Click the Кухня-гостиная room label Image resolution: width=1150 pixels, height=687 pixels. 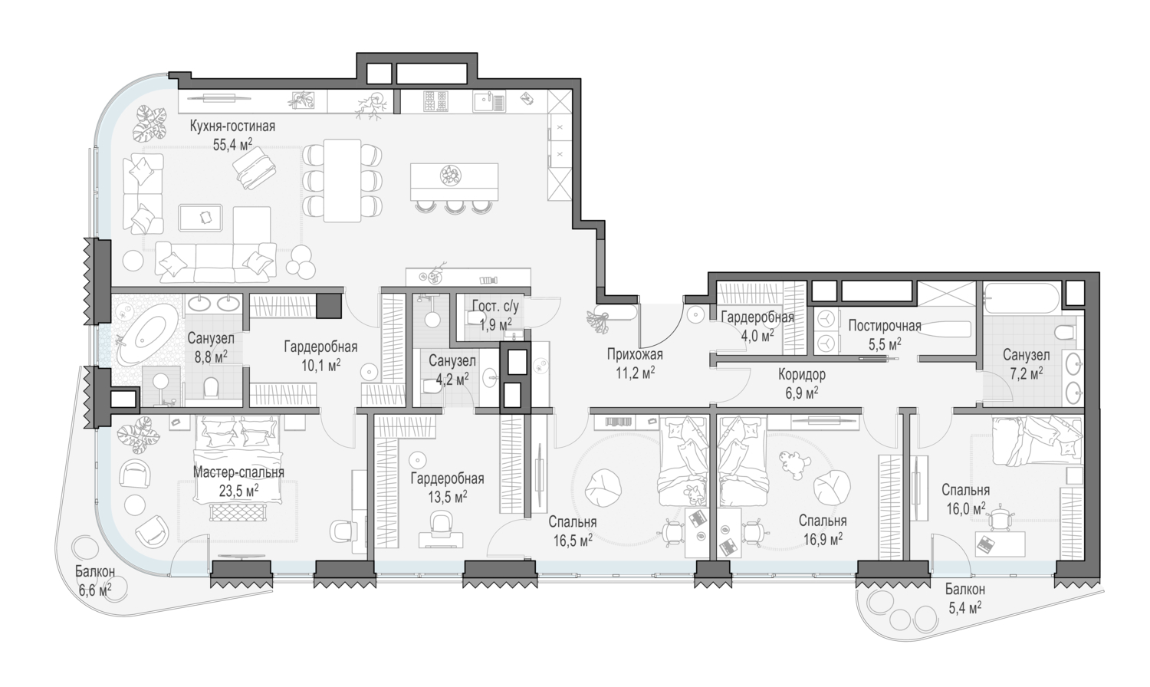[x=232, y=127]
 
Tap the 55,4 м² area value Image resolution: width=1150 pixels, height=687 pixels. [x=232, y=144]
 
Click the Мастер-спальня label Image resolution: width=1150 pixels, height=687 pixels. [x=238, y=472]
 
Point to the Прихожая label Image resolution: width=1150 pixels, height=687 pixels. [x=635, y=354]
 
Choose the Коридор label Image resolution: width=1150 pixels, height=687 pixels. [x=802, y=375]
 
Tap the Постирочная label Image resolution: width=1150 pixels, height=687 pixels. [x=885, y=326]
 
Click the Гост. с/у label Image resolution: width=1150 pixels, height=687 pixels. [x=495, y=307]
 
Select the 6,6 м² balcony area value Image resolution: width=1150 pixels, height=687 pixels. [x=96, y=590]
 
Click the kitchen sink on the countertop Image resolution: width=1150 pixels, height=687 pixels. [x=488, y=102]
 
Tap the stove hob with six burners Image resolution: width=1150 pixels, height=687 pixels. [x=436, y=102]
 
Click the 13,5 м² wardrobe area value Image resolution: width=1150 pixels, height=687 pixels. [x=448, y=497]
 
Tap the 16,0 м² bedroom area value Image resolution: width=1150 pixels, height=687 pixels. [x=966, y=508]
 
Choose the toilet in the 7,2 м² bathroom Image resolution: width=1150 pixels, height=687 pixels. [x=1065, y=334]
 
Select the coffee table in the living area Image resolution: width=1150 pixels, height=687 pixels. [x=200, y=218]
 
